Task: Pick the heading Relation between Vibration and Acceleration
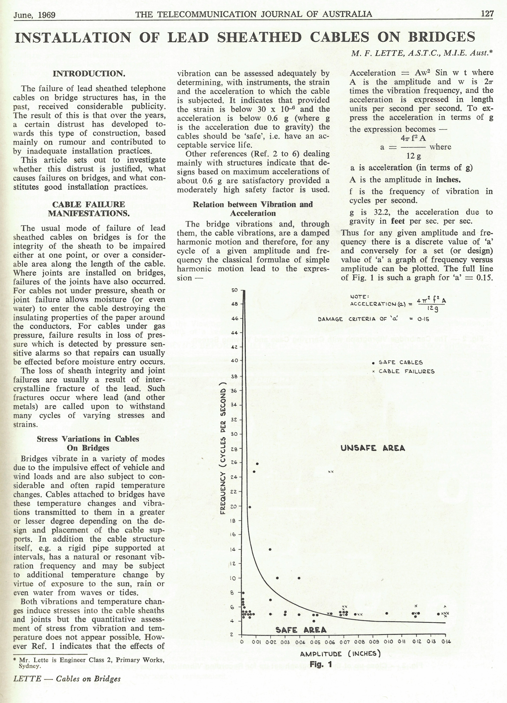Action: click(253, 209)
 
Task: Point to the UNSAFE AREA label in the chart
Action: click(373, 448)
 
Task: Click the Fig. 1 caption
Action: click(323, 664)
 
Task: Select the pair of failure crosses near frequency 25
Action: click(330, 472)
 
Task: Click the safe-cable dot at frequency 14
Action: click(270, 550)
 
